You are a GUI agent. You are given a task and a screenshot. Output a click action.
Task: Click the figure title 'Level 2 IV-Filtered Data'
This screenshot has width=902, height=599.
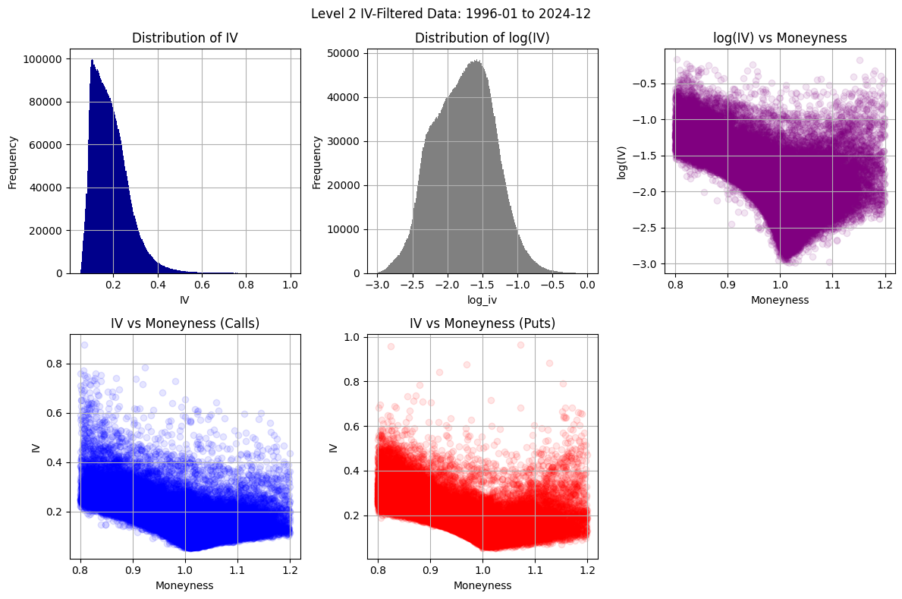[x=451, y=13]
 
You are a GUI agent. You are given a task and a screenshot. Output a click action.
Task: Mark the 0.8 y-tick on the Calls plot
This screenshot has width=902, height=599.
[x=54, y=364]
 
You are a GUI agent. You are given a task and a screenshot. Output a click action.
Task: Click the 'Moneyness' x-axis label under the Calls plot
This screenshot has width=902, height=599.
[x=184, y=585]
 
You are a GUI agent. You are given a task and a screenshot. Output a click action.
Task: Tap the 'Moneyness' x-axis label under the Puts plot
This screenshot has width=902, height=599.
[x=482, y=585]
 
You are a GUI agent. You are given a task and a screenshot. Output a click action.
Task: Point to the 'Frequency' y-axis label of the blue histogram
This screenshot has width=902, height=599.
[x=13, y=162]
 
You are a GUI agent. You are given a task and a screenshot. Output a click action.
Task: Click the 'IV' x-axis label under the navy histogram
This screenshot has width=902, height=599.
[x=184, y=301]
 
